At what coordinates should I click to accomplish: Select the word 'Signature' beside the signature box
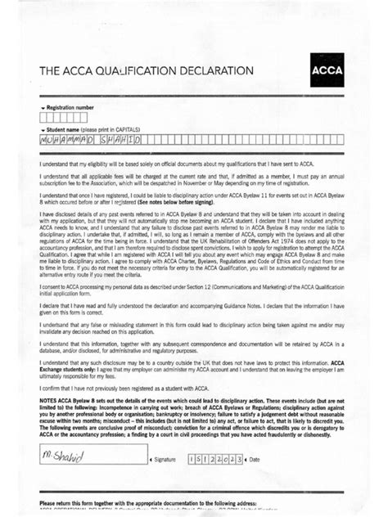point(165,461)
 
